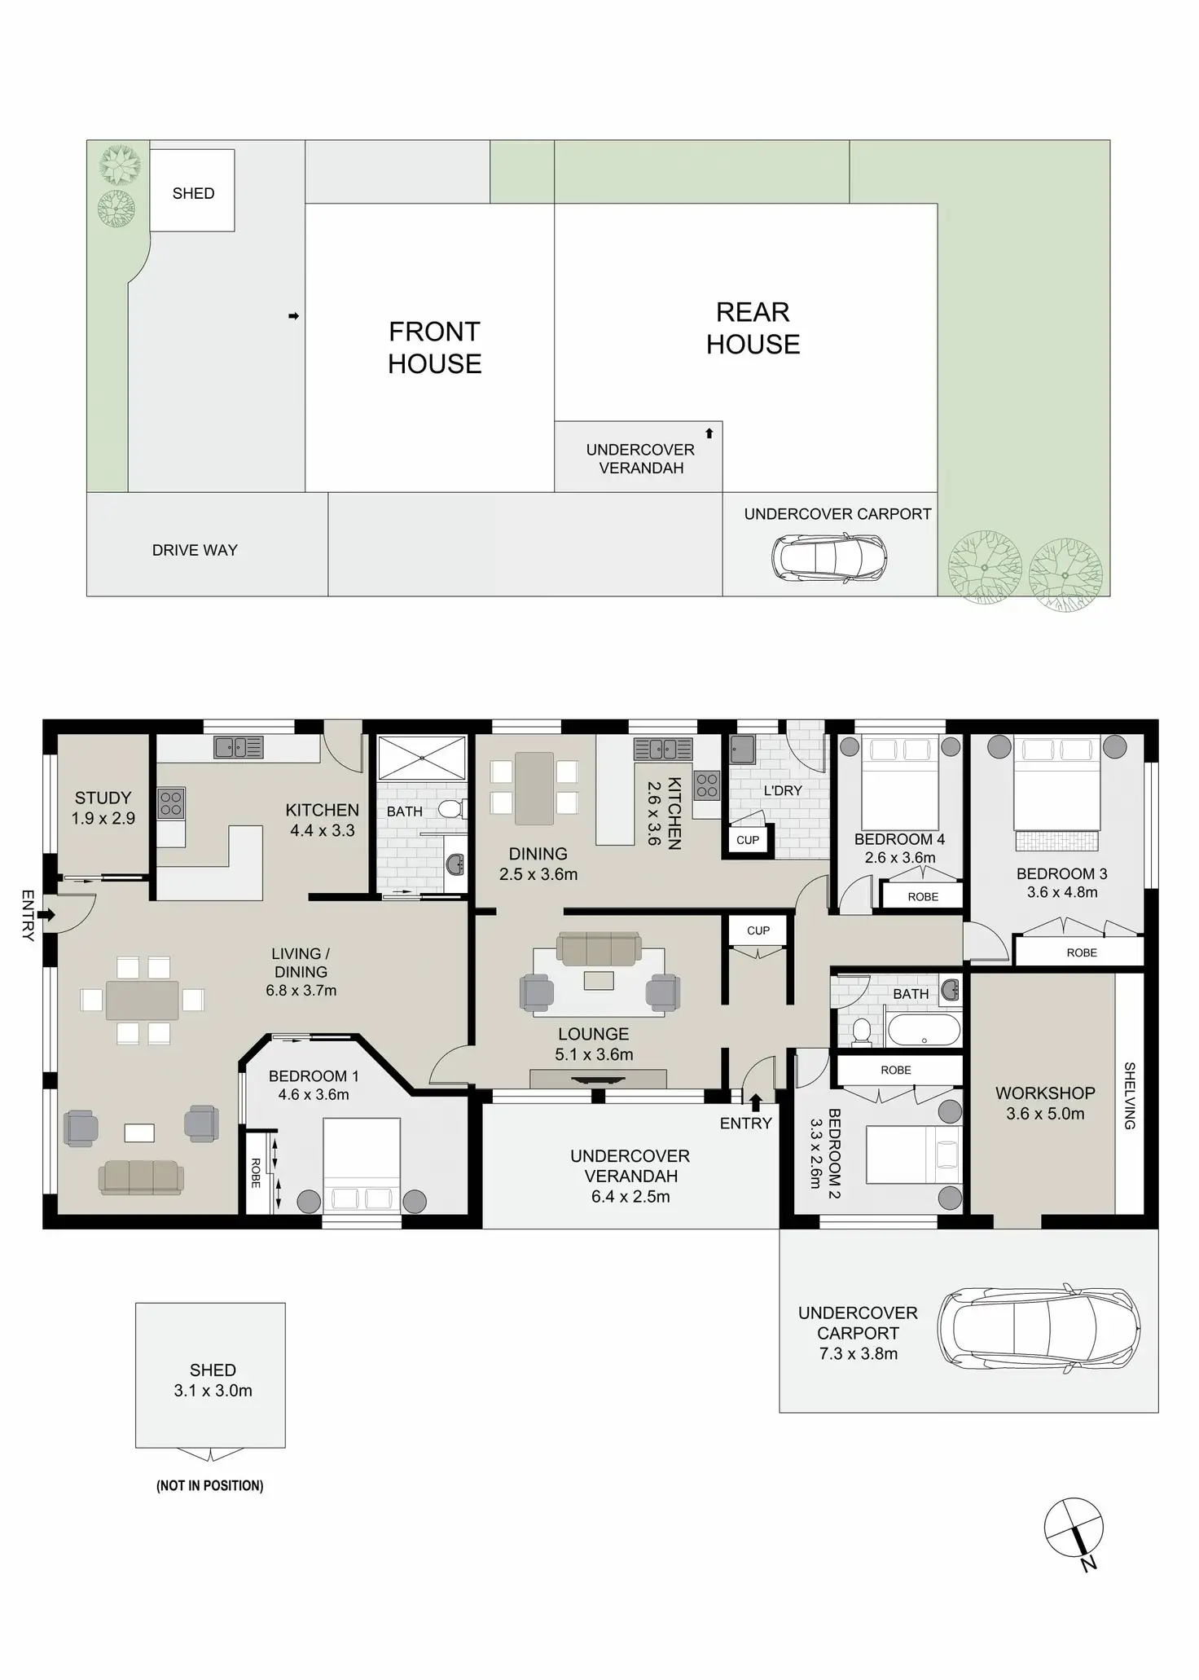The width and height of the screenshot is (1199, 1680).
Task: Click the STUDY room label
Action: click(x=103, y=798)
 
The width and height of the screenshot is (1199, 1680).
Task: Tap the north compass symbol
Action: click(x=1074, y=1528)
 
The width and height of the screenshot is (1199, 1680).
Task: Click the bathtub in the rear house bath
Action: click(x=924, y=1030)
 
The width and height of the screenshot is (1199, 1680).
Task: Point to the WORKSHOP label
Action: click(x=1045, y=1093)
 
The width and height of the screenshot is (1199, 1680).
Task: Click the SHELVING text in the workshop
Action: click(x=1130, y=1095)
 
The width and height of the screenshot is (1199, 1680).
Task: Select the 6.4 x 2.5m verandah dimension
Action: click(x=630, y=1196)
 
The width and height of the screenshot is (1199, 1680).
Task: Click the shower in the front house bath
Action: click(x=422, y=757)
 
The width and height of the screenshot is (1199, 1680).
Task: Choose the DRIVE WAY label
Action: click(x=195, y=550)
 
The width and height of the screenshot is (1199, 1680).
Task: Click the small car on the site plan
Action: click(x=829, y=556)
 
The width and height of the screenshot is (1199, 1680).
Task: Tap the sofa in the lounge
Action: click(x=599, y=949)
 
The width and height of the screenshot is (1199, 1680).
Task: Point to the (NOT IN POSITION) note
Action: click(x=209, y=1485)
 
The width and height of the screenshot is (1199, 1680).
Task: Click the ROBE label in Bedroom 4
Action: click(x=923, y=896)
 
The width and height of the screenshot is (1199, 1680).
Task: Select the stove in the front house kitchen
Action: click(x=171, y=803)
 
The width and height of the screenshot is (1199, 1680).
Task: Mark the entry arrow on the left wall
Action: click(x=46, y=915)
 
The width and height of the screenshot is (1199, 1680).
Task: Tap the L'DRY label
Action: click(x=783, y=790)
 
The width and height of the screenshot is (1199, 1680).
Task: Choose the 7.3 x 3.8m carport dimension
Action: click(x=858, y=1353)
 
